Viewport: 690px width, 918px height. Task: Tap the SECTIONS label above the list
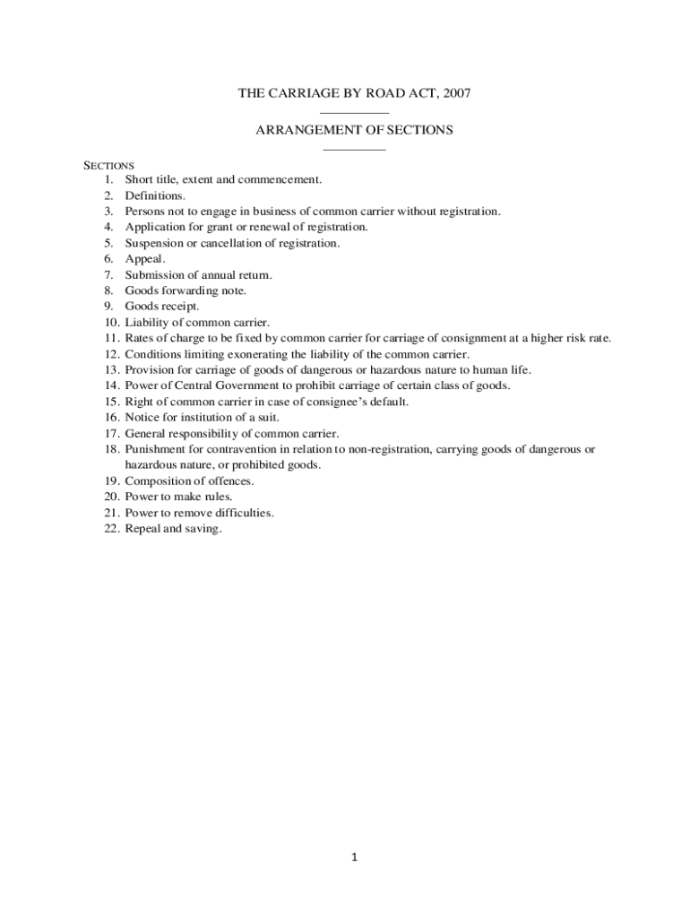(108, 165)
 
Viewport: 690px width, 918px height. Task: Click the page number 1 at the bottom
(354, 857)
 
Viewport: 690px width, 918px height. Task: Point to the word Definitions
(155, 195)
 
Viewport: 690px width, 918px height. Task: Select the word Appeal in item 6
(144, 259)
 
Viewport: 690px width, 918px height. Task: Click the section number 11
(111, 338)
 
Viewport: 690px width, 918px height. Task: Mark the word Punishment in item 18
(154, 449)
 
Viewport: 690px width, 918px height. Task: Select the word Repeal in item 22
(142, 529)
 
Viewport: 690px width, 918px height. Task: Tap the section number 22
(111, 529)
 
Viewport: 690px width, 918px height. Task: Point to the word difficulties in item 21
(241, 513)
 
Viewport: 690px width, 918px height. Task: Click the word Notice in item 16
(141, 417)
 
